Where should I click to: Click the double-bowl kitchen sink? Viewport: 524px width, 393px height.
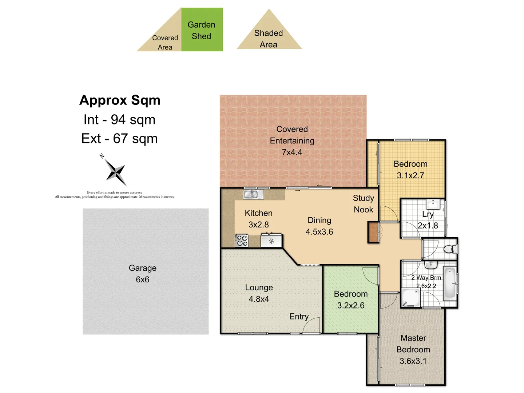(253, 194)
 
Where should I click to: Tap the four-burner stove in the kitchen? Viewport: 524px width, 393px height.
(242, 241)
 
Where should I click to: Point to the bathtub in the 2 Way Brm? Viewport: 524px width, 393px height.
(450, 283)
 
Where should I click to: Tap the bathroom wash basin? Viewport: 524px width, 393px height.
(431, 265)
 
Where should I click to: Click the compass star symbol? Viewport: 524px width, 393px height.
(116, 172)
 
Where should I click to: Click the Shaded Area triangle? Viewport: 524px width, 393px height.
(269, 36)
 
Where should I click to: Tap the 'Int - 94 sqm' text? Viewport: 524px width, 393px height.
(119, 120)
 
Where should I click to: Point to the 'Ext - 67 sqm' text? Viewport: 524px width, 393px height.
(119, 139)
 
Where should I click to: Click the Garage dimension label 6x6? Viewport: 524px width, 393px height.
(142, 279)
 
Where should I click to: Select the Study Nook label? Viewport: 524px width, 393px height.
(363, 204)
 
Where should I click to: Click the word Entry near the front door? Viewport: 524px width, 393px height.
(299, 317)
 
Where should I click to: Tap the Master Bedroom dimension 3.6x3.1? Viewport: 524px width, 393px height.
(413, 361)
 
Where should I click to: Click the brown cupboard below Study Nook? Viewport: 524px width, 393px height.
(373, 233)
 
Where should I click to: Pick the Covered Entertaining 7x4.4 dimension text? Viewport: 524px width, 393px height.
(292, 152)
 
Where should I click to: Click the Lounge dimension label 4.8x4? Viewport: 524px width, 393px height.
(259, 299)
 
